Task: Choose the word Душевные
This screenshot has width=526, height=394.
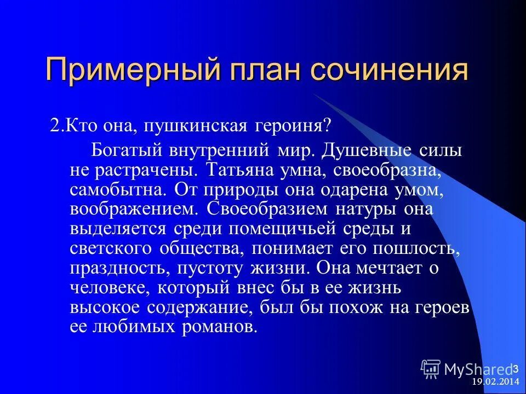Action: [x=365, y=149]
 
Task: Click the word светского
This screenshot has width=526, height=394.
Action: [x=112, y=248]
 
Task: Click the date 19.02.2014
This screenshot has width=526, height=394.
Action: [x=495, y=383]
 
